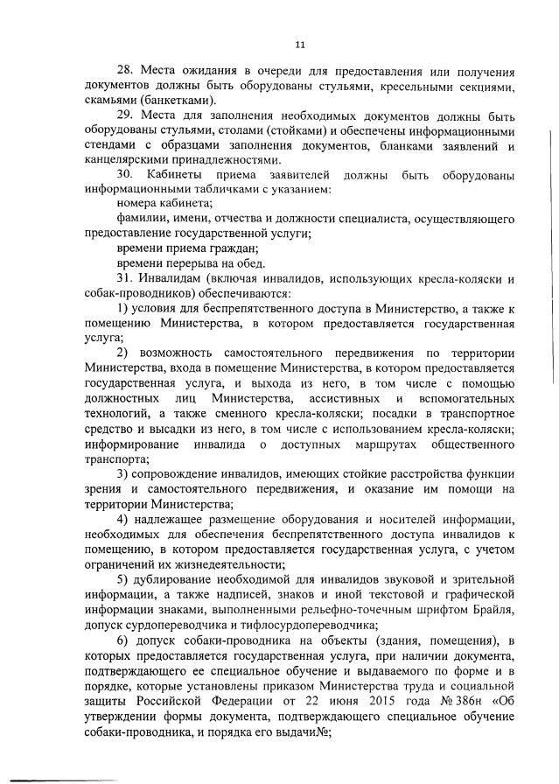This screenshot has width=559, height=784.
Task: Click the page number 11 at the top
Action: click(x=299, y=42)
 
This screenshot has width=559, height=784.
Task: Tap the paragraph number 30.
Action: click(x=126, y=175)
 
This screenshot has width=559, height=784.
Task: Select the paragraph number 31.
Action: click(x=126, y=278)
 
